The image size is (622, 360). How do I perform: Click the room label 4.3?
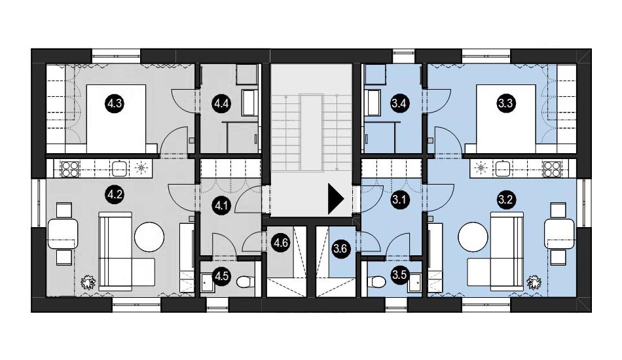point(115,104)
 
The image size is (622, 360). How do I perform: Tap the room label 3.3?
point(505,104)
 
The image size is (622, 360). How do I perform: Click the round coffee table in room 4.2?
point(149,237)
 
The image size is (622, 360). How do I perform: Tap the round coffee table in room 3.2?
point(473,237)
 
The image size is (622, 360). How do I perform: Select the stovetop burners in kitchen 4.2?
point(71,168)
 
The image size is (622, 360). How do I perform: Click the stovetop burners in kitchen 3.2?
point(552,168)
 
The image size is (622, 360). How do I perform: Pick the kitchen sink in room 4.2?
point(120,168)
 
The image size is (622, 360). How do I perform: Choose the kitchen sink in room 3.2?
point(503,168)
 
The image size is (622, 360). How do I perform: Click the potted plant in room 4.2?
point(88,283)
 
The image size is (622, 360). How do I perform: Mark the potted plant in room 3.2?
point(534,283)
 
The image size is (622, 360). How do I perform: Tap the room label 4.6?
point(281,242)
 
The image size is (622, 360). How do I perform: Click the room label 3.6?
point(340,249)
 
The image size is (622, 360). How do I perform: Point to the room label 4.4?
point(221,104)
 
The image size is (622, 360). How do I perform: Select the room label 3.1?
point(399,200)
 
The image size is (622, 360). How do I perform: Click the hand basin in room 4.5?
point(207,282)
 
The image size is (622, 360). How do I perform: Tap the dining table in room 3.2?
point(559,234)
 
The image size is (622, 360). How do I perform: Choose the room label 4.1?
point(221,206)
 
